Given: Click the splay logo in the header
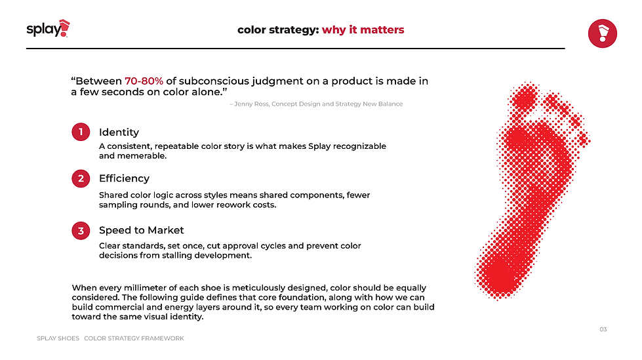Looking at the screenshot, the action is click(x=48, y=29).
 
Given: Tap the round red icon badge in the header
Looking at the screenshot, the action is click(x=602, y=33).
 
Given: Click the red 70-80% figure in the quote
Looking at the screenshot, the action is click(x=144, y=81).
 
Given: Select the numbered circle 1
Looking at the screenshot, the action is click(x=81, y=132).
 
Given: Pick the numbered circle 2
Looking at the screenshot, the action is click(x=81, y=178).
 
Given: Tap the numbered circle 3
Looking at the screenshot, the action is click(x=81, y=231).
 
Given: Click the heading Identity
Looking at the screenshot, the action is click(x=119, y=132).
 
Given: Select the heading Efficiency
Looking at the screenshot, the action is click(x=124, y=178).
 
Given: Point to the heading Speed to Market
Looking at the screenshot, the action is click(x=141, y=230).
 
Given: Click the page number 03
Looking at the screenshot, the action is click(x=603, y=329).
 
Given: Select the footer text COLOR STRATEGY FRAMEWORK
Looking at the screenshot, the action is click(x=134, y=338).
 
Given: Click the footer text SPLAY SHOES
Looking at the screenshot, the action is click(x=58, y=338).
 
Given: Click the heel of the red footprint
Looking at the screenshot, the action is click(x=500, y=273).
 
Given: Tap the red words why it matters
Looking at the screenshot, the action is click(x=363, y=30).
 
